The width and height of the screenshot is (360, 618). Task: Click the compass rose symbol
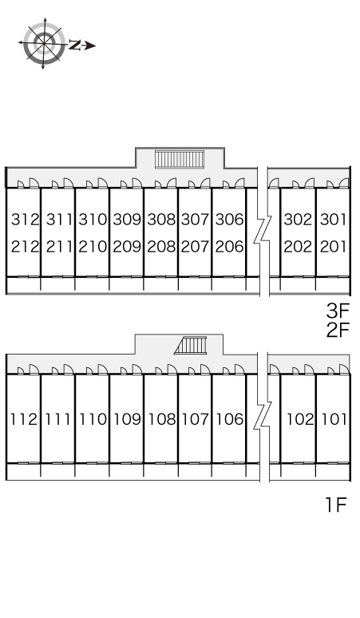coord(44,43)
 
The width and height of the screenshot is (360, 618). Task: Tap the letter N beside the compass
coord(75,46)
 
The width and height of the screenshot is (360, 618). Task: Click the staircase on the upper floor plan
coord(180,159)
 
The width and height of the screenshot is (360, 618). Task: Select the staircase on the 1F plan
coord(191,345)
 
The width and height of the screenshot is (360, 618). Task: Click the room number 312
coord(26,220)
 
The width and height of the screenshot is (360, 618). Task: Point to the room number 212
coord(26,247)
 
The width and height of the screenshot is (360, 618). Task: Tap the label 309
coord(127,220)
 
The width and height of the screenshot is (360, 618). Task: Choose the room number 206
coord(229,247)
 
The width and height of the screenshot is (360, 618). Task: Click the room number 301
coord(333,220)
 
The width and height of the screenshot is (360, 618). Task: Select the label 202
coord(298,247)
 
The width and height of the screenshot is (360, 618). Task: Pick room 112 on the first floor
coord(24,419)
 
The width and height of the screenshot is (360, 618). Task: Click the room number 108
coord(161,419)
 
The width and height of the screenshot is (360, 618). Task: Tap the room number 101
coord(334,419)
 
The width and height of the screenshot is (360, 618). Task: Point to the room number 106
coord(230,419)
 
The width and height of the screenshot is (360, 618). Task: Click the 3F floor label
coord(338,311)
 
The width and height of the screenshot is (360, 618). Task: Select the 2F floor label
coord(338,330)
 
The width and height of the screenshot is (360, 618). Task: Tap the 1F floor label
coord(336,505)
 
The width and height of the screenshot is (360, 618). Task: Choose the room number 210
coord(93,247)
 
